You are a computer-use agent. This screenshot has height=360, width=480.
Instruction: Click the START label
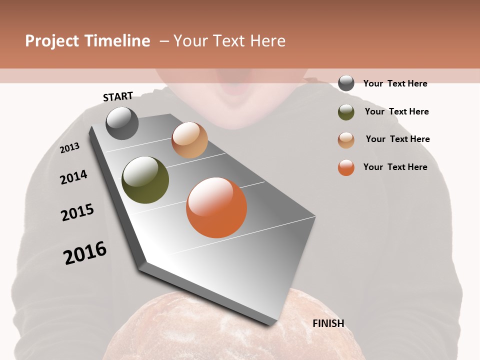(x=118, y=96)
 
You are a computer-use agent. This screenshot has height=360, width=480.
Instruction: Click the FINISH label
(x=328, y=323)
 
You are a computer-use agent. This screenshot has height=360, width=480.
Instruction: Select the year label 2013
(x=70, y=148)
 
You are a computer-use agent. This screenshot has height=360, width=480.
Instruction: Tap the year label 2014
(x=74, y=177)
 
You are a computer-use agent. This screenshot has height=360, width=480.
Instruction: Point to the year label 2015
(x=77, y=212)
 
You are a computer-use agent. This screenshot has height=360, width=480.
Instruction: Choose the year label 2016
(x=85, y=252)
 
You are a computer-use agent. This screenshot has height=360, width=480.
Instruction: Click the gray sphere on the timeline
(x=122, y=123)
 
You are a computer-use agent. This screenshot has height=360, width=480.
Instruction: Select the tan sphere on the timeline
(x=189, y=140)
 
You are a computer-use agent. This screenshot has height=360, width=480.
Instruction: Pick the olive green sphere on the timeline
(x=145, y=180)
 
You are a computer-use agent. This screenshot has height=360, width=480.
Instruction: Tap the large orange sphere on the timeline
(x=216, y=207)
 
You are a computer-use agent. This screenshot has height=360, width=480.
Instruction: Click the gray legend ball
(x=346, y=83)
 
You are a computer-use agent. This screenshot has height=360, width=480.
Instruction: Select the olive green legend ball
(x=346, y=112)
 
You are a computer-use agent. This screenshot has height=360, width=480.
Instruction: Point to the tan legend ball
(x=346, y=140)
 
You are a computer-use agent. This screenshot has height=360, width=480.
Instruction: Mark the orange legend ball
(x=346, y=167)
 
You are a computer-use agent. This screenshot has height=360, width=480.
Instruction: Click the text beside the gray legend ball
(x=395, y=83)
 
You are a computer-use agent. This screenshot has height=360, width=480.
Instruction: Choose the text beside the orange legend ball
(x=395, y=167)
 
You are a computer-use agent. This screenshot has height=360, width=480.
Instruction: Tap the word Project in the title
(x=51, y=41)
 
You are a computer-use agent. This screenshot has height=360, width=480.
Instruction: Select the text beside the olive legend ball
(x=396, y=111)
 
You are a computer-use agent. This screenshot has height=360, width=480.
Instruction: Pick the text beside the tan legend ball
(x=397, y=139)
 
